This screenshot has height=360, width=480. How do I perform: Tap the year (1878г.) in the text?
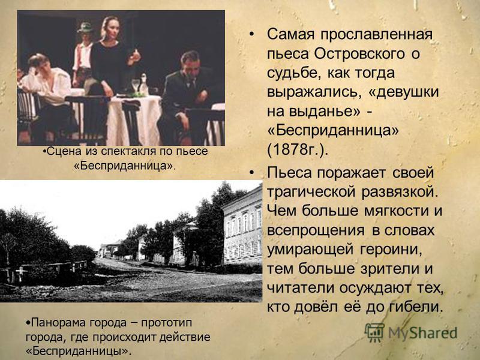click(x=297, y=149)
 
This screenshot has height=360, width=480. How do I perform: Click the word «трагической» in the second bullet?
click(x=311, y=192)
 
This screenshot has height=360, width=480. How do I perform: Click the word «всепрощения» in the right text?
click(x=316, y=230)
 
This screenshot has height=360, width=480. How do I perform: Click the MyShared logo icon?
click(x=374, y=332)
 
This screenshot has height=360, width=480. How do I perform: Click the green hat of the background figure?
click(x=85, y=28)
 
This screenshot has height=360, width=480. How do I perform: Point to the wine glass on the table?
click(x=136, y=85)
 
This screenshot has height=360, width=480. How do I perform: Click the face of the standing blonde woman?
click(x=110, y=29)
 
